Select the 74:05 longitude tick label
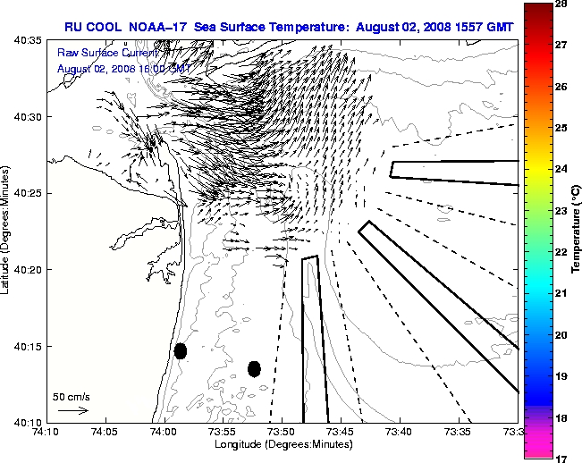105,432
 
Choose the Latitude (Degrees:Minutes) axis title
6,231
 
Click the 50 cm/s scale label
72,396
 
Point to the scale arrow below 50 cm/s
72,410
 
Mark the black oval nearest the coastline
181,350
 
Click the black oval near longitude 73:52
254,368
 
